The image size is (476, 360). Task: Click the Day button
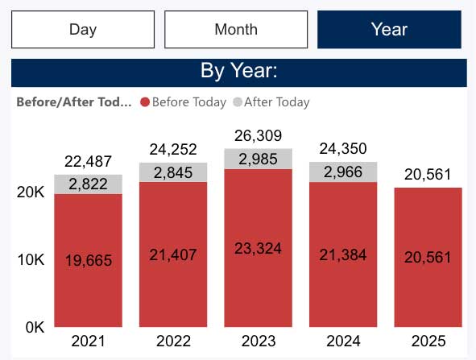[x=83, y=30]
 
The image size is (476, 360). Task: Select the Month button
[x=236, y=30]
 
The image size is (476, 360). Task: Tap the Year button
[x=389, y=30]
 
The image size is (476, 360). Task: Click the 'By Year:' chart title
[x=238, y=71]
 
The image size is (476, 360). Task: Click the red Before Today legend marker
[x=145, y=102]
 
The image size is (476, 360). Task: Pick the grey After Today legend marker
[x=237, y=102]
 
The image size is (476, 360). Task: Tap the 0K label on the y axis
[x=33, y=328]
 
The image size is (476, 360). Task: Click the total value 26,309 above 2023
[x=258, y=135]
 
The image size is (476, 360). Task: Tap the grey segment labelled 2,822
[x=88, y=184]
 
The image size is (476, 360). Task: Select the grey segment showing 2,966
[x=343, y=172]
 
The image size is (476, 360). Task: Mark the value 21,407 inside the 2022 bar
[x=173, y=255]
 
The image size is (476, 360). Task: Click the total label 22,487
[x=88, y=161]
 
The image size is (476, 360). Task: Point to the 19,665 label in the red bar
[x=88, y=261]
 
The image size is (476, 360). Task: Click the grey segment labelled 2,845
[x=173, y=172]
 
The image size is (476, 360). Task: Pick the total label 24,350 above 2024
[x=343, y=149]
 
